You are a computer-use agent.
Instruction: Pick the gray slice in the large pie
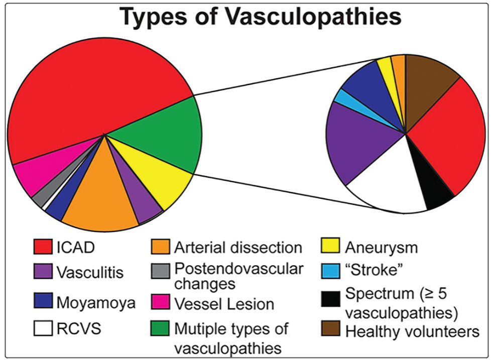click(x=40, y=197)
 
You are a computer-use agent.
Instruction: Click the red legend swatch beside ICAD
click(x=44, y=248)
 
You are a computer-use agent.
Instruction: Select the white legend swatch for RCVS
click(x=44, y=329)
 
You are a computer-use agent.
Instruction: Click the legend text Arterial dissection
click(x=238, y=248)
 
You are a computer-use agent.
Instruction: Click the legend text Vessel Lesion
click(x=224, y=304)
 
